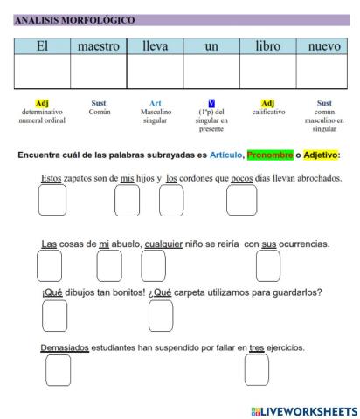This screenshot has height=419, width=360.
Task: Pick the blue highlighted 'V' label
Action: [x=211, y=103]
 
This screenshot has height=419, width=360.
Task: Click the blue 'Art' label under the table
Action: [x=155, y=103]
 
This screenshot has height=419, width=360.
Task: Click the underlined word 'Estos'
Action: [x=51, y=179]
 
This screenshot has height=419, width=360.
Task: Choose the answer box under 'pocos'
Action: [x=241, y=201]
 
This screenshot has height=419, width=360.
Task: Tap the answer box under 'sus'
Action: [x=267, y=265]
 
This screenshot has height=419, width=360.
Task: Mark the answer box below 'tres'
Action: [x=256, y=369]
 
